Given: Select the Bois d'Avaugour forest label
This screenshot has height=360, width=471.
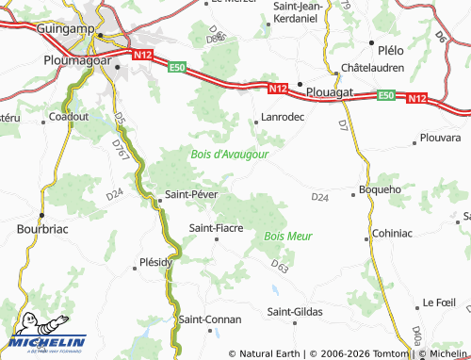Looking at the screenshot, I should tap(230, 154).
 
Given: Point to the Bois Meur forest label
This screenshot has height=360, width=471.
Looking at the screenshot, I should tap(288, 236).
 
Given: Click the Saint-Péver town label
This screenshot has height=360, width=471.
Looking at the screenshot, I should tap(192, 195).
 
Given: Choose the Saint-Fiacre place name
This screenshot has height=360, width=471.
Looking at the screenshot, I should tap(218, 227).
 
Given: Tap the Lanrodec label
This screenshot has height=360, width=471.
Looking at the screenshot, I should tap(280, 118).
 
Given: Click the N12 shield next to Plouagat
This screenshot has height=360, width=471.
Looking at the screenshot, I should tap(275, 89).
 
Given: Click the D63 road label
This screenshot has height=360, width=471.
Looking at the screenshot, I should tap(279, 267).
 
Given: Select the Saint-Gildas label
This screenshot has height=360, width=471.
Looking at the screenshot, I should tap(295, 312).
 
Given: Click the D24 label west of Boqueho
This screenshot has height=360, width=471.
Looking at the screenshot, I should tap(319, 197).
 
